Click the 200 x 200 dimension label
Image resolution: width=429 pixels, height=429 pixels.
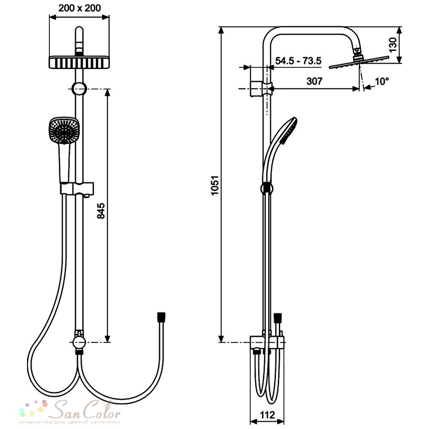click(x=80, y=8)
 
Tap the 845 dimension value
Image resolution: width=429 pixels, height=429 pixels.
click(x=101, y=210)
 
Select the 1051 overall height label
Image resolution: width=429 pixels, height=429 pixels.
click(x=215, y=185)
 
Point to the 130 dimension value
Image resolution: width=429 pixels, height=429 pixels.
click(x=393, y=45)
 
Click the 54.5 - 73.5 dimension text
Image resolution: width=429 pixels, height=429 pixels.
click(x=298, y=60)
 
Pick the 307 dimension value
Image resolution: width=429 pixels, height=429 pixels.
click(x=314, y=81)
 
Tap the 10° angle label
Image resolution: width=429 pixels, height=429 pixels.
click(x=382, y=81)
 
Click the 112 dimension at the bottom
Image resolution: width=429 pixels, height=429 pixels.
click(x=267, y=415)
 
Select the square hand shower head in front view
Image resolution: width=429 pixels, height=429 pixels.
click(x=64, y=130)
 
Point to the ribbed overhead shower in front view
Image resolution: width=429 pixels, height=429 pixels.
click(x=79, y=63)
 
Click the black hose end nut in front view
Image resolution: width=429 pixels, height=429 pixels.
click(x=161, y=317)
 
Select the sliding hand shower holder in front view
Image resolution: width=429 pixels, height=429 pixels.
click(x=77, y=189)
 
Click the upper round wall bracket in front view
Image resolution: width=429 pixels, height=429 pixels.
click(x=79, y=89)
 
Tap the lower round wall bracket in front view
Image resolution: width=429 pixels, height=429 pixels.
click(x=79, y=342)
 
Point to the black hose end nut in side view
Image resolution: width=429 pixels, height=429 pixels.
click(x=278, y=317)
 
